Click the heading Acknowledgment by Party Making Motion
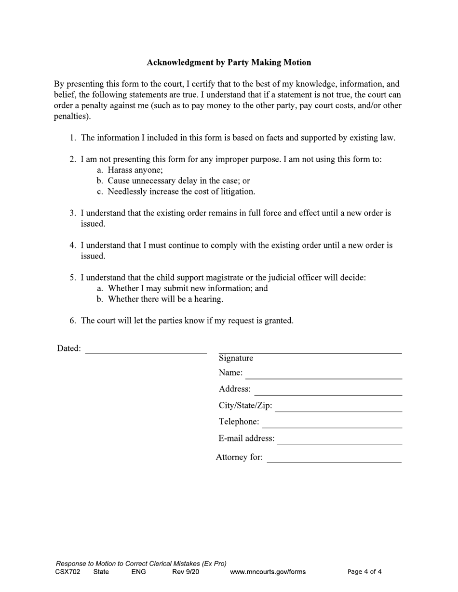[229, 63]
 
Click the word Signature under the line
[236, 358]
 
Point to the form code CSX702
[67, 572]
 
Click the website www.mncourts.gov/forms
[268, 572]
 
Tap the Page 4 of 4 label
[364, 572]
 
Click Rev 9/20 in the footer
[186, 572]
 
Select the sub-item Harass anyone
[135, 170]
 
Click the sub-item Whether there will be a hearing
[165, 299]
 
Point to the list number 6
[72, 321]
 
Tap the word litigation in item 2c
[237, 192]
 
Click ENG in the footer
[138, 572]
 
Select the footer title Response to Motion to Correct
[141, 564]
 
